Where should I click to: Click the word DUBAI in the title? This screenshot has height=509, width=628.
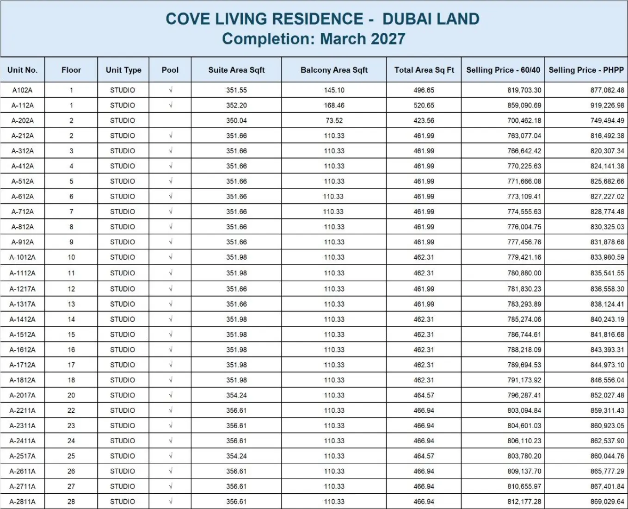[406, 19]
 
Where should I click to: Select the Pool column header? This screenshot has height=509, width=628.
[170, 70]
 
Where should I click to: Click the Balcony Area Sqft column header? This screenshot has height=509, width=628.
[334, 70]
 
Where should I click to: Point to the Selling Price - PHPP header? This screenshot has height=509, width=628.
[586, 70]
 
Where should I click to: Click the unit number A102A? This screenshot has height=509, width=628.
[22, 90]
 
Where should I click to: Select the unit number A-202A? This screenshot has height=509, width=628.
[22, 121]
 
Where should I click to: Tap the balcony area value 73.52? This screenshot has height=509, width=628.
[334, 121]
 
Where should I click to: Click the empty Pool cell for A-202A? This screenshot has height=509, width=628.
[170, 120]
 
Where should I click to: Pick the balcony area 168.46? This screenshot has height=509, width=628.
[334, 106]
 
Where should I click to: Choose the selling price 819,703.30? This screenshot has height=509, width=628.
[524, 90]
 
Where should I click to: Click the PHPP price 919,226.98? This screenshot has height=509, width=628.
[607, 106]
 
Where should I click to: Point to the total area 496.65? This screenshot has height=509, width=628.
[424, 90]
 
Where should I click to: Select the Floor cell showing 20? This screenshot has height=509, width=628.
[71, 395]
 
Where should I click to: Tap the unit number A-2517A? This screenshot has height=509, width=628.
[22, 456]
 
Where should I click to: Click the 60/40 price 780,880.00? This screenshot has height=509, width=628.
[524, 273]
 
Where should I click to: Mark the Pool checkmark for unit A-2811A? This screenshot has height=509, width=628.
[171, 501]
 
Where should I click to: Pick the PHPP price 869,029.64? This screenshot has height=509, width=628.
[607, 502]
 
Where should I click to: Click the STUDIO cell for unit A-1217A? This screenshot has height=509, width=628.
[123, 289]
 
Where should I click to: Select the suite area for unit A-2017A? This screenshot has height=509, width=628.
[236, 395]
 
